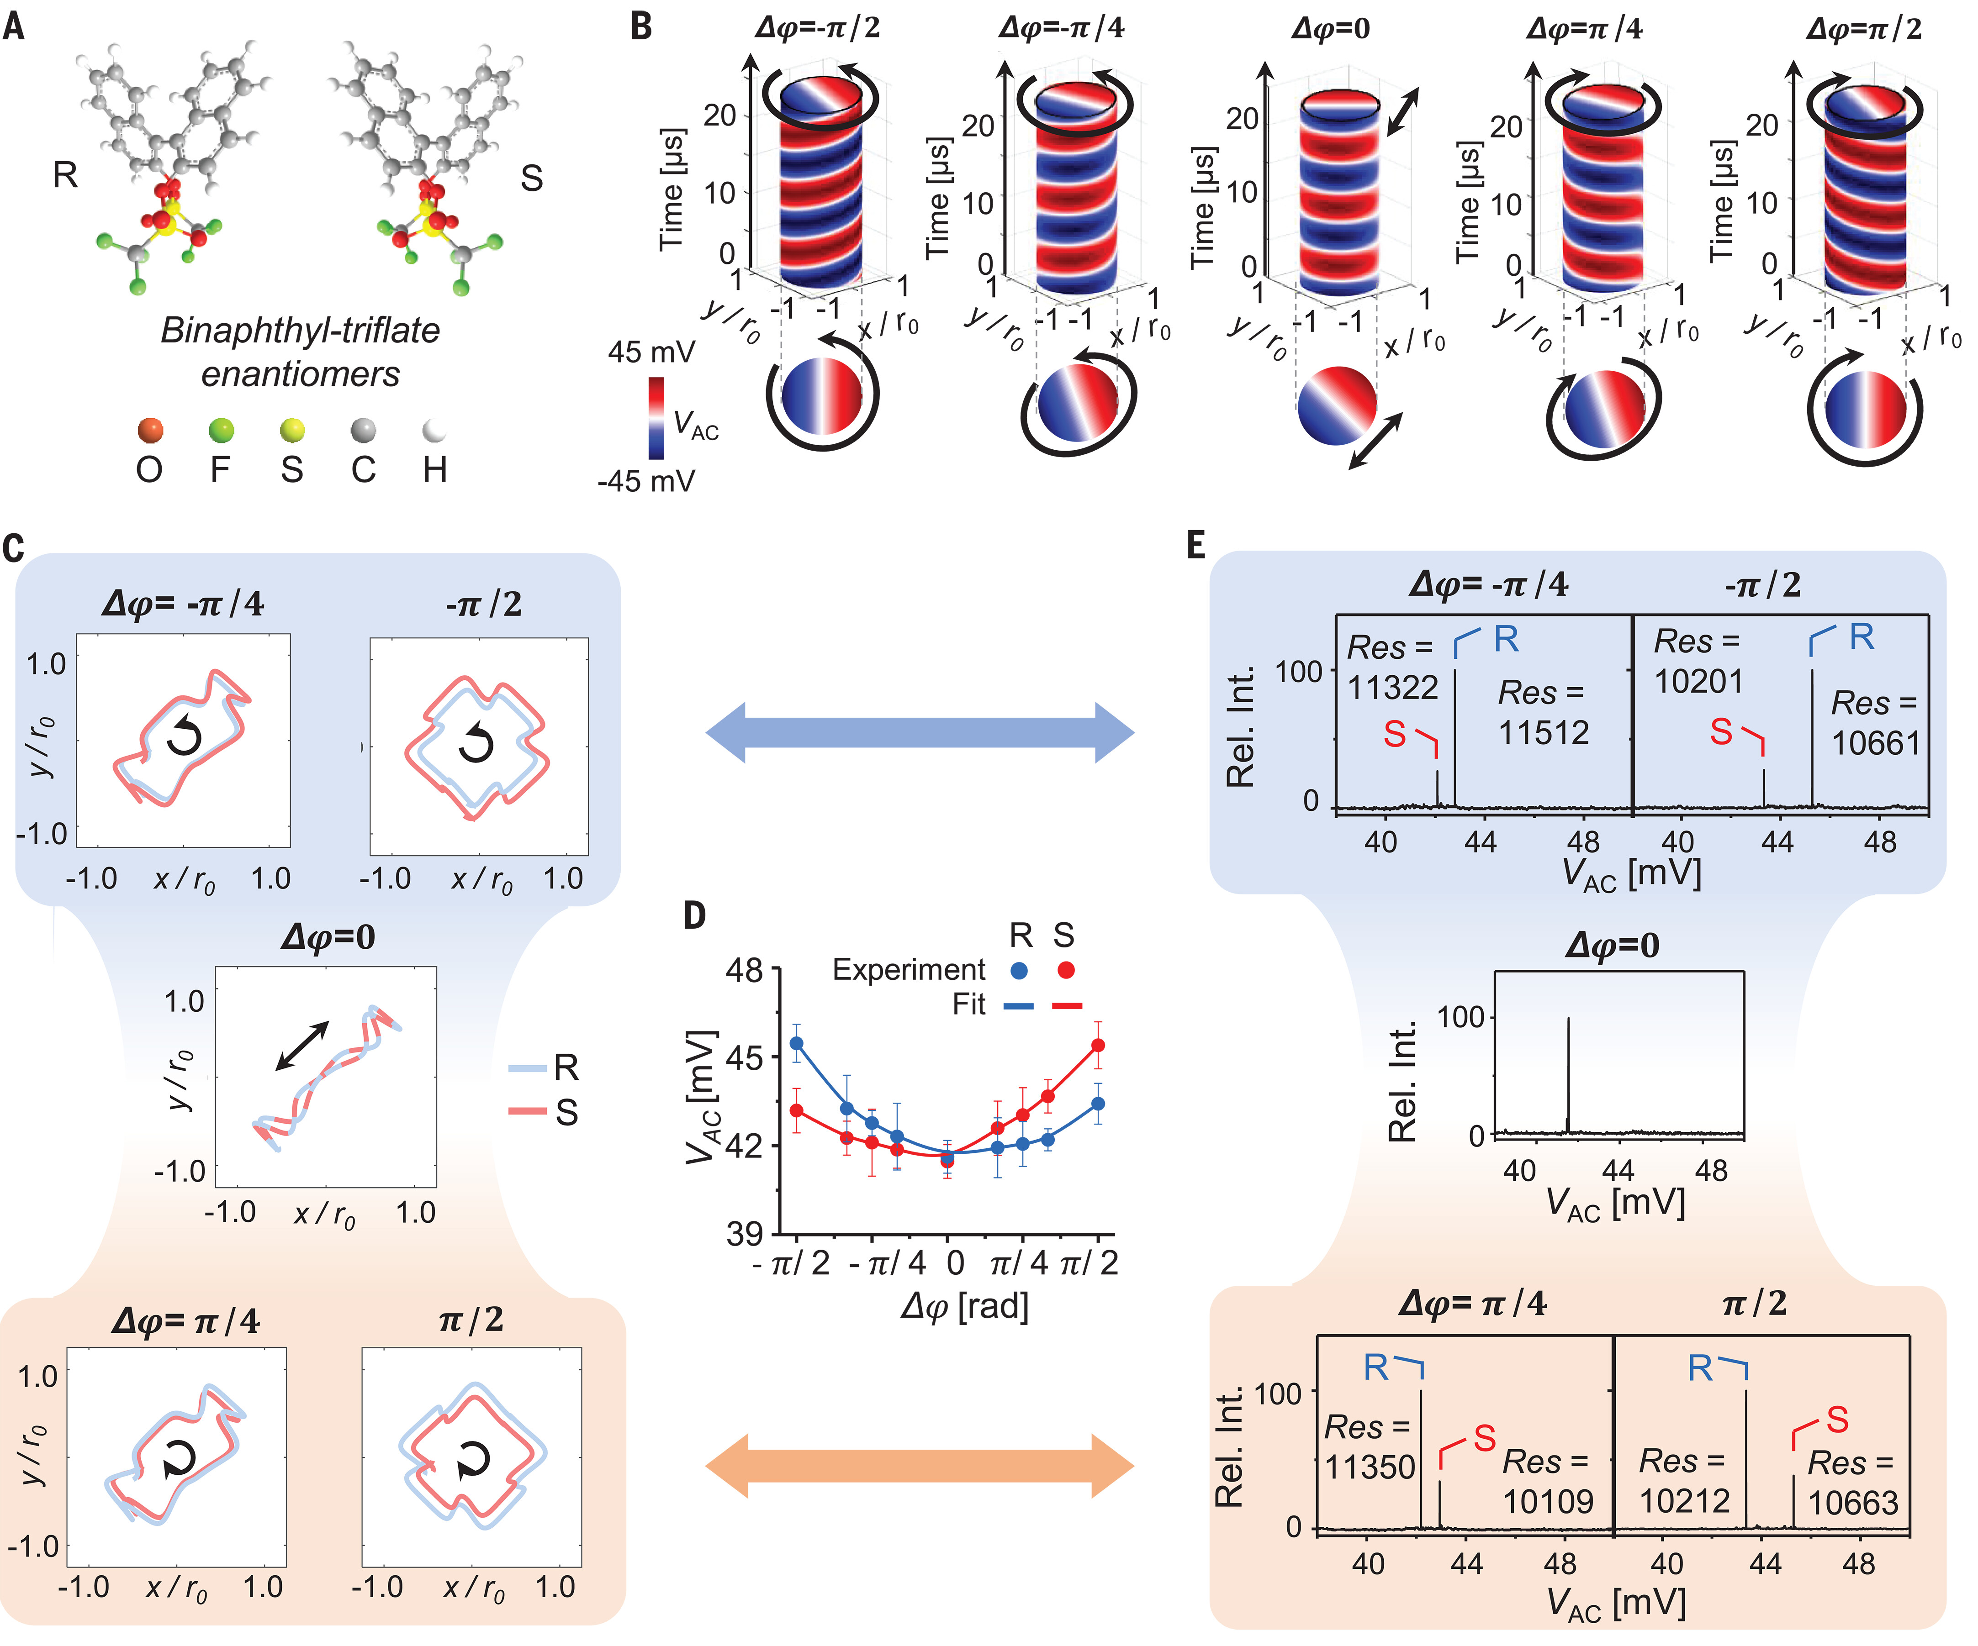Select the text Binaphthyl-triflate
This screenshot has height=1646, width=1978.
click(x=300, y=331)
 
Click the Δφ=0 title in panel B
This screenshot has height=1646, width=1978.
click(x=1330, y=28)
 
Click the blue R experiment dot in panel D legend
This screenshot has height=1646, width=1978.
click(x=1018, y=970)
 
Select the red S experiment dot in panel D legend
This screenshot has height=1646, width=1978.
click(x=1065, y=970)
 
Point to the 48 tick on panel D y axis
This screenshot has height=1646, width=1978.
click(x=744, y=970)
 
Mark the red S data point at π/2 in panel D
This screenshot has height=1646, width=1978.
click(x=1097, y=1045)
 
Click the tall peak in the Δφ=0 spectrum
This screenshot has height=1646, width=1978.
click(x=1568, y=1073)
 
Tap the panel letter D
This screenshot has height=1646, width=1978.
click(x=694, y=915)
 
